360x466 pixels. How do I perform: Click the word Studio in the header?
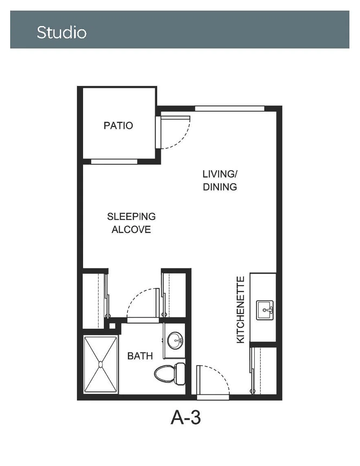coord(61,32)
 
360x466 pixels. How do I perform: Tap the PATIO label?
coord(118,125)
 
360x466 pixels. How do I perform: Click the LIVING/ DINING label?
coord(220,180)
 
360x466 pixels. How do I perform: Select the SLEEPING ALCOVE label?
coord(131,223)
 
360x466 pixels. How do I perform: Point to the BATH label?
coord(140,356)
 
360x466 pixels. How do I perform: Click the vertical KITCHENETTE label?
coord(240,310)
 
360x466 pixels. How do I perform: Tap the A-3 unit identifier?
coord(186,418)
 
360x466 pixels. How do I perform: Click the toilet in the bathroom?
coord(169,374)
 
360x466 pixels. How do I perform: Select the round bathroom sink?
coord(175,340)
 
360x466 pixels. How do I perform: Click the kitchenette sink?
coord(265,310)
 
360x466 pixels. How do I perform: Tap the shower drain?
coord(101,364)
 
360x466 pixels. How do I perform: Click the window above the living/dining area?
coord(230,108)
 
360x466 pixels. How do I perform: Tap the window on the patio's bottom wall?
coord(114,161)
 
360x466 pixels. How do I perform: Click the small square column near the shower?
coord(112,326)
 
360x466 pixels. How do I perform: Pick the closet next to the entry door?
coord(263,370)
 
